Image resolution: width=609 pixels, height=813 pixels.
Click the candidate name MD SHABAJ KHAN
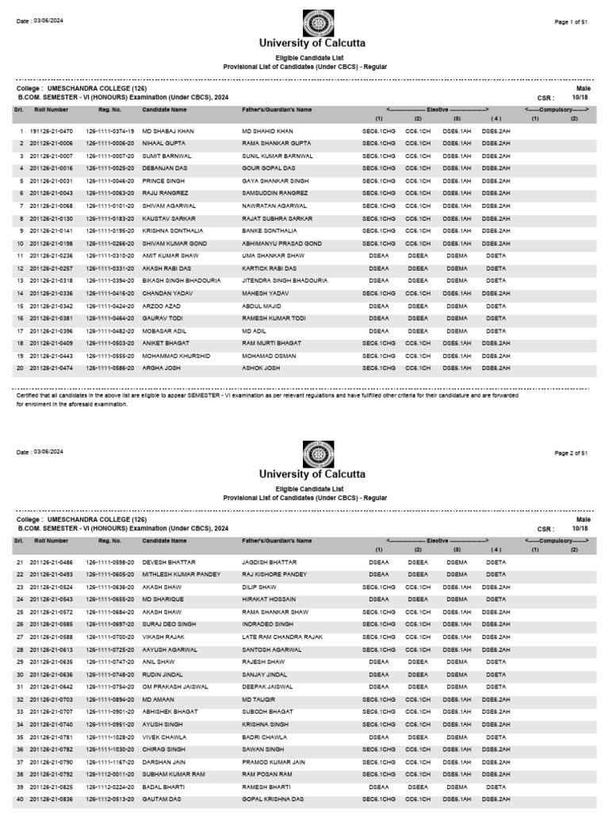[167, 130]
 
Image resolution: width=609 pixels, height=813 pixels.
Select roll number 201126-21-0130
[51, 218]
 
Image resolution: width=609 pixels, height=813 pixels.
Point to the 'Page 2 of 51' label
[576, 453]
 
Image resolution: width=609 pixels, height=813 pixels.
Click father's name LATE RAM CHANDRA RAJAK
[280, 636]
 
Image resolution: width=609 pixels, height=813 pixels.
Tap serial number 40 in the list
[20, 799]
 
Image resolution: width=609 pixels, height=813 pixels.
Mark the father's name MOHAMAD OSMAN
[269, 356]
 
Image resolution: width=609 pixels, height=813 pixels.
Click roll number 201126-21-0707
[51, 711]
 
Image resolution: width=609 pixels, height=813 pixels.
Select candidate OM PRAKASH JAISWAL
[174, 686]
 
